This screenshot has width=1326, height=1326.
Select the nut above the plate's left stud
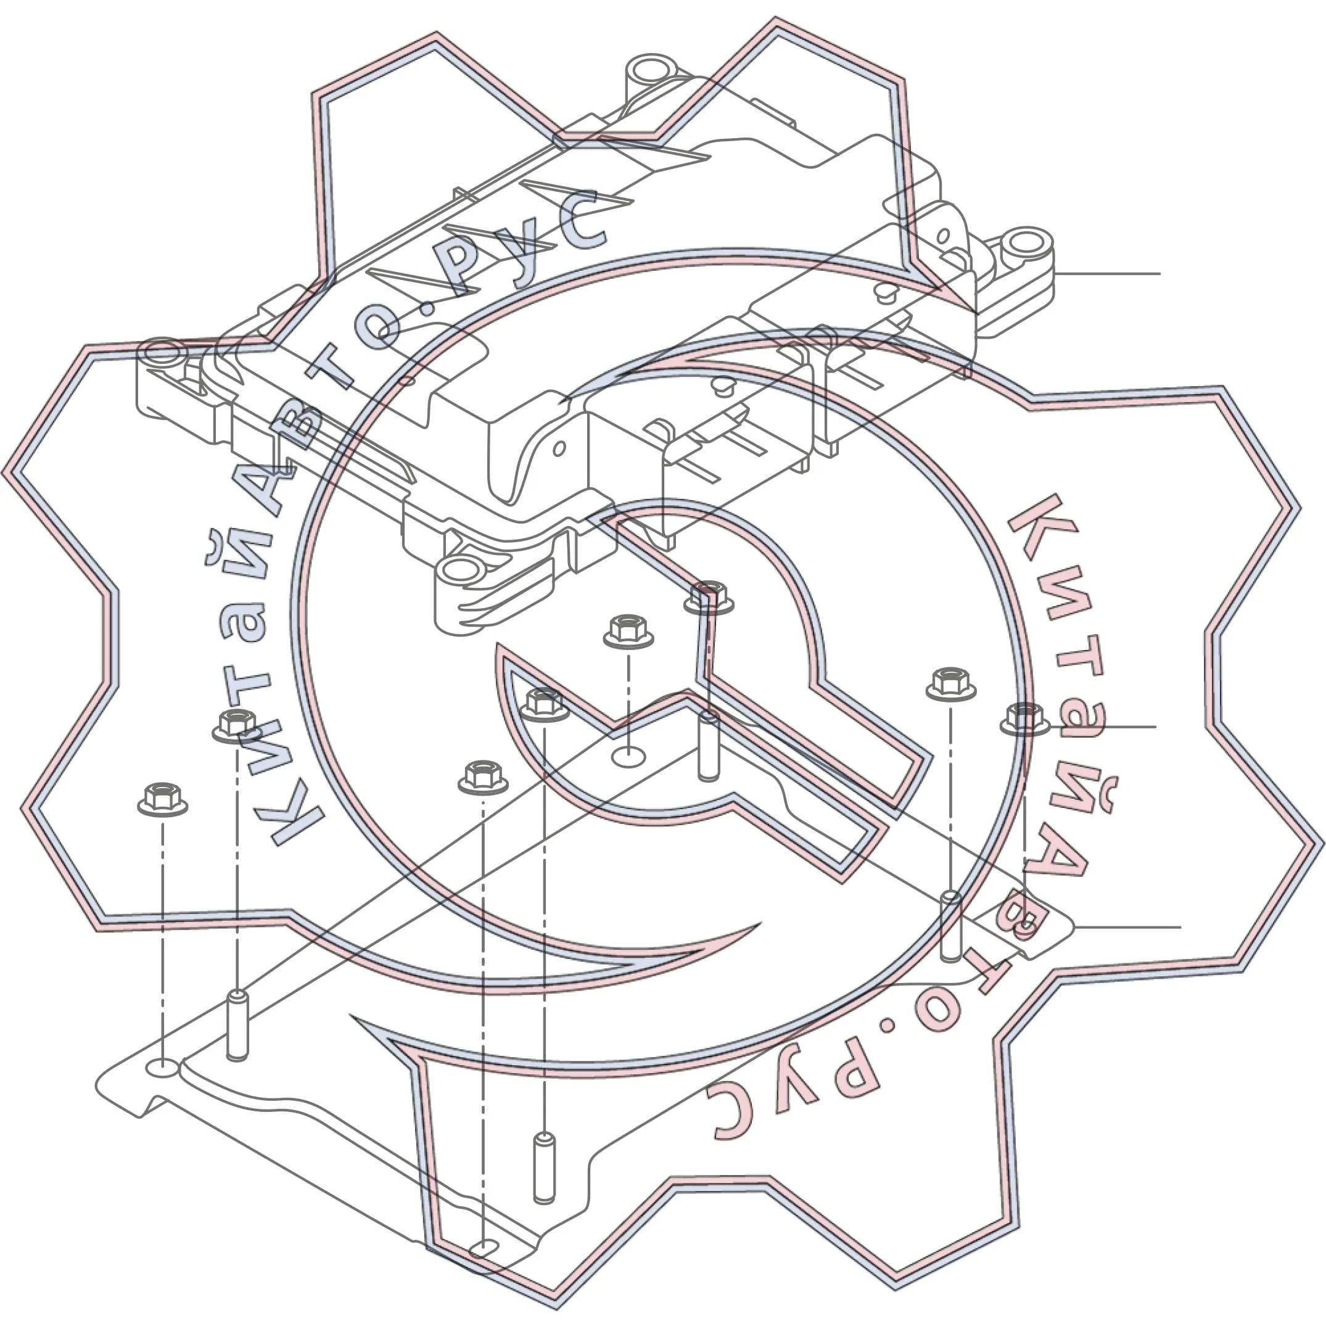(x=237, y=726)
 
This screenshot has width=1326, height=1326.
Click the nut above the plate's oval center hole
(x=628, y=632)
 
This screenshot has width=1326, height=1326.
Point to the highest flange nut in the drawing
(x=710, y=596)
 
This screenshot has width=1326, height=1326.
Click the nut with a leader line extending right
(x=1024, y=719)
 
